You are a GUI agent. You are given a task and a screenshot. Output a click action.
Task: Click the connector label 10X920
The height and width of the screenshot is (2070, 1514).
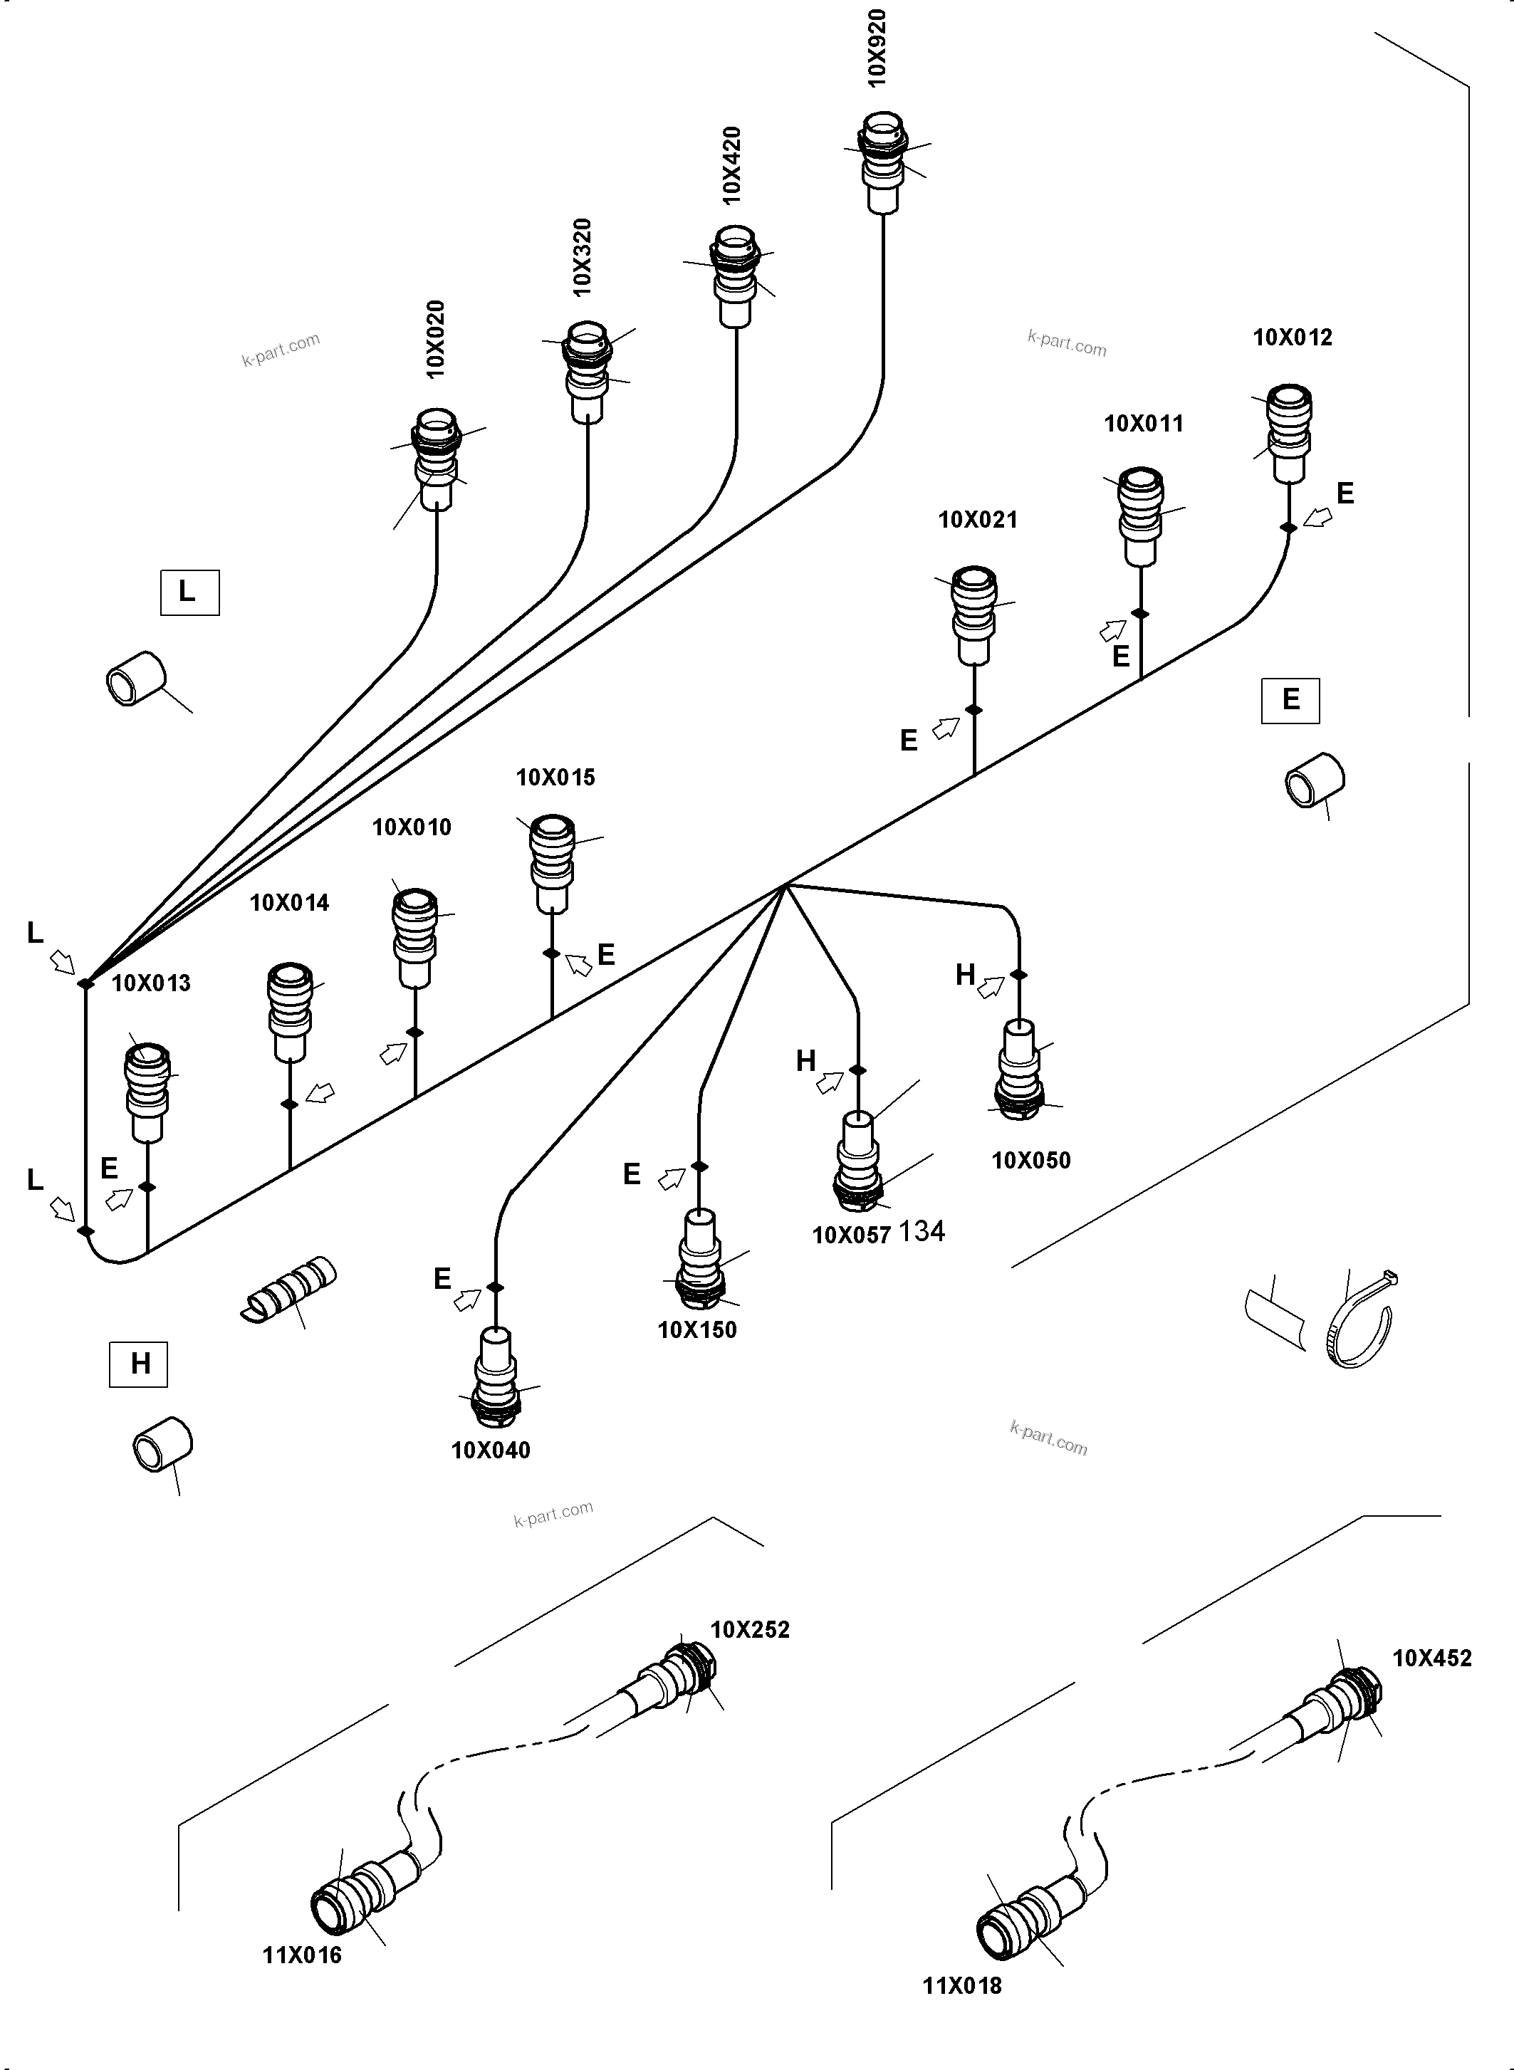pos(877,48)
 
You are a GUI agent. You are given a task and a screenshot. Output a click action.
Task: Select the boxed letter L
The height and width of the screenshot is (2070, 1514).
pos(189,592)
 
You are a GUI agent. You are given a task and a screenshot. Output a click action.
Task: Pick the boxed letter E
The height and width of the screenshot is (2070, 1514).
pos(1290,700)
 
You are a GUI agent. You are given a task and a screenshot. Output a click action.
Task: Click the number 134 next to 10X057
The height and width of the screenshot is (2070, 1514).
pos(922,1230)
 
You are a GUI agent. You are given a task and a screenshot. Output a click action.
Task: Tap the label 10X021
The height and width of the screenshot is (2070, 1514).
pos(978,520)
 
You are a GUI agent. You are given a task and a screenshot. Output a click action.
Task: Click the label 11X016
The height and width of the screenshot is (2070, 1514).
pos(303,1955)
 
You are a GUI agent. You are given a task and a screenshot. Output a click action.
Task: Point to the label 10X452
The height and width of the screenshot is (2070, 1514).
pos(1431,1658)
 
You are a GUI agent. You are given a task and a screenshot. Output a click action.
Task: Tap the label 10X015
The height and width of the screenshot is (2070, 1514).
pos(555,777)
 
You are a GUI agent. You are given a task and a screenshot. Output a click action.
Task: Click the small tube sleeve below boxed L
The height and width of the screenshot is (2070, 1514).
pos(135,678)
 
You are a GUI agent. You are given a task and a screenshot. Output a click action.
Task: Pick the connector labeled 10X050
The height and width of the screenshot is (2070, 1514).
pos(1019,1072)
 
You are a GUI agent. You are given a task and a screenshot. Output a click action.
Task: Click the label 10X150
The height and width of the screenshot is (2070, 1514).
pos(696,1329)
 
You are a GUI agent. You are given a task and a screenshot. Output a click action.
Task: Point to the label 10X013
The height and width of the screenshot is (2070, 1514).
pos(151,983)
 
